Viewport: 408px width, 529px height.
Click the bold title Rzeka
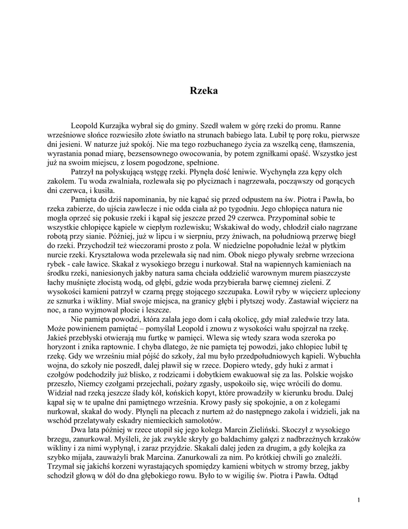(x=204, y=91)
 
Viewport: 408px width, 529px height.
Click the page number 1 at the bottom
(x=358, y=500)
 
